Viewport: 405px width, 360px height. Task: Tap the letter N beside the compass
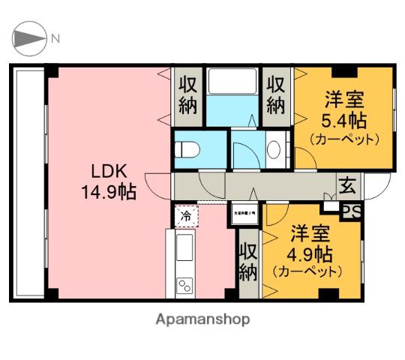[x=55, y=38]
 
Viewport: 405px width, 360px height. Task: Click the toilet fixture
[x=186, y=148]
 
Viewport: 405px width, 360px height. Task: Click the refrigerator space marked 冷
[x=185, y=216]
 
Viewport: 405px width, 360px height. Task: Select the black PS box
[x=350, y=212]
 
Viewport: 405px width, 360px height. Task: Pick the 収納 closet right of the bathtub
[x=276, y=94]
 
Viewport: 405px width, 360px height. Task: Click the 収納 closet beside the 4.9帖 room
[x=248, y=262]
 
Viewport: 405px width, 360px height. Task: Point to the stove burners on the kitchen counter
[x=184, y=286]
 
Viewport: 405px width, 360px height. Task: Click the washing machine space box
[x=243, y=212]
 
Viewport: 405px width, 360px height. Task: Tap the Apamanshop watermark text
[x=202, y=318]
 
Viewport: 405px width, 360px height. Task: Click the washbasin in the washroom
[x=274, y=148]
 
